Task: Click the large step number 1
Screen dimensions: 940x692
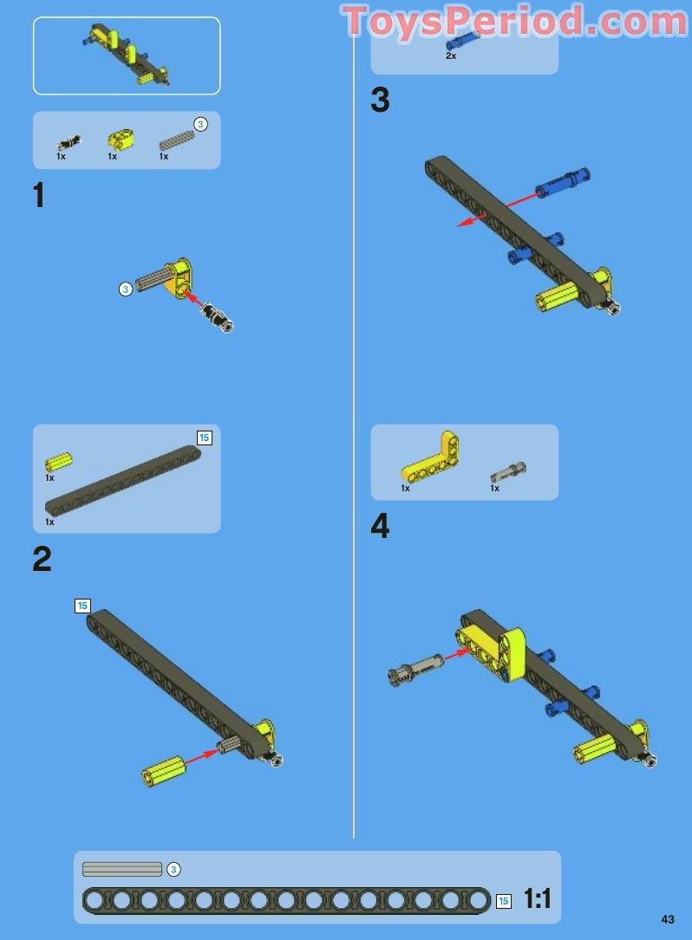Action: (x=38, y=195)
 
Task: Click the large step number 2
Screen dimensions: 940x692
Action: (x=42, y=559)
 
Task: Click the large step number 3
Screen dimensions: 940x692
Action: (x=380, y=100)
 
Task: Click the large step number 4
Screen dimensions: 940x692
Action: (x=380, y=526)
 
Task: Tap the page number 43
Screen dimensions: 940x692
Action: (x=667, y=919)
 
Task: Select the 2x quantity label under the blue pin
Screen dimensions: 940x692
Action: (x=451, y=55)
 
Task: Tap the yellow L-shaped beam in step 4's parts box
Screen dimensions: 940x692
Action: (x=433, y=460)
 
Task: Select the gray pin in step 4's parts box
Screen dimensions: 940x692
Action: (x=508, y=472)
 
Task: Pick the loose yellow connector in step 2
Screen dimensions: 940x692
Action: (x=164, y=770)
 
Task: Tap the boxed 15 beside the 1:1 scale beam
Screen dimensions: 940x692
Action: (x=504, y=901)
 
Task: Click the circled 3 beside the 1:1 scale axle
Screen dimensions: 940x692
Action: (x=173, y=869)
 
